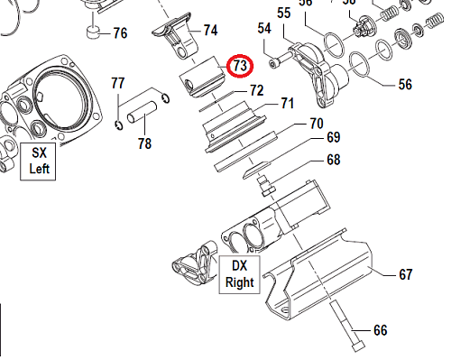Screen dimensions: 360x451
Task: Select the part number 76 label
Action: [x=119, y=35]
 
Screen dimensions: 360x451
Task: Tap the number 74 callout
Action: [x=210, y=30]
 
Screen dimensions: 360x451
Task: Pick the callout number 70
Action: [x=317, y=123]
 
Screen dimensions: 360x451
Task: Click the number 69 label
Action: [x=333, y=137]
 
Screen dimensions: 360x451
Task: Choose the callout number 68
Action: [x=333, y=160]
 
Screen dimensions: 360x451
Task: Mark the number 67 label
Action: [x=405, y=273]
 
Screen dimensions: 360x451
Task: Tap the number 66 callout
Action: [x=380, y=330]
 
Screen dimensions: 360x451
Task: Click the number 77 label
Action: [x=118, y=84]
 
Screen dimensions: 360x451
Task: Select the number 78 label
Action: [x=145, y=143]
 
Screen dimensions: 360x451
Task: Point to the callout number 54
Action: [x=264, y=29]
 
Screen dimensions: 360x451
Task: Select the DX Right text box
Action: [x=239, y=273]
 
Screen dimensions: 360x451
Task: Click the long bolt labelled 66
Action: [x=347, y=325]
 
